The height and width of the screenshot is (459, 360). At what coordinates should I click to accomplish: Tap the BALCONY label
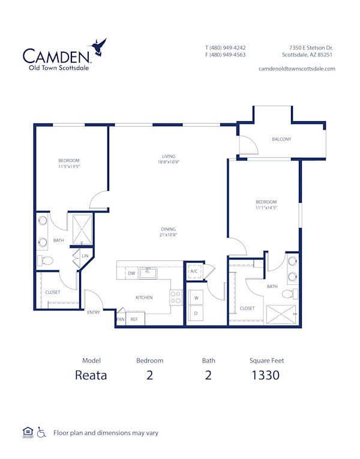[281, 139]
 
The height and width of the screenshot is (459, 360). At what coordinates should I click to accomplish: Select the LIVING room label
[168, 157]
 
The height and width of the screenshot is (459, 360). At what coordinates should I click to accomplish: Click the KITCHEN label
[143, 298]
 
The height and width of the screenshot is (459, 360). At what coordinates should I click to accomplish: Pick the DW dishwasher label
[131, 274]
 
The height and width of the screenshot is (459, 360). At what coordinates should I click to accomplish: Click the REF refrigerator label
[134, 320]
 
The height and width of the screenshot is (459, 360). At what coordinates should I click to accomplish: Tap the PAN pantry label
[120, 320]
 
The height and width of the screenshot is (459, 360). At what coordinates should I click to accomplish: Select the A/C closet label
[194, 271]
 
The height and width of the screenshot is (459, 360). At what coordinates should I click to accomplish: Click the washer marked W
[196, 297]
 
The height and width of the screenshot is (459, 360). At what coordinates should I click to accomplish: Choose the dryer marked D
[196, 313]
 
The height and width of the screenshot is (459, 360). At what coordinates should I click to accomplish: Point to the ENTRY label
[94, 312]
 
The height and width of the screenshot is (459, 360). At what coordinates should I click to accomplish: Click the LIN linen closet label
[85, 257]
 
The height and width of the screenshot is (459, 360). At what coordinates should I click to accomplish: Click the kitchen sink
[148, 273]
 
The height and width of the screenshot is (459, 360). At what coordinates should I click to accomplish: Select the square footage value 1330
[266, 376]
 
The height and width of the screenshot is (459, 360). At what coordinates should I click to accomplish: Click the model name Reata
[91, 376]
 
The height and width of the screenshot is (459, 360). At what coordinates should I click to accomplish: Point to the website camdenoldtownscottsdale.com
[296, 68]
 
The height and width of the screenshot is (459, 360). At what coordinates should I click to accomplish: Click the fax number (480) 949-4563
[225, 55]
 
